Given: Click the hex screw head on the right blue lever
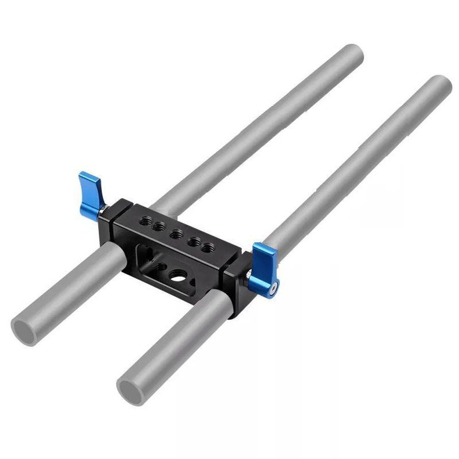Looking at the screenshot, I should pos(274,289).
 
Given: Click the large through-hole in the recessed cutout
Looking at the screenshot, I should pos(176,275).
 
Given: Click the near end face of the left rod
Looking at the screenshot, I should pos(24,331).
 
